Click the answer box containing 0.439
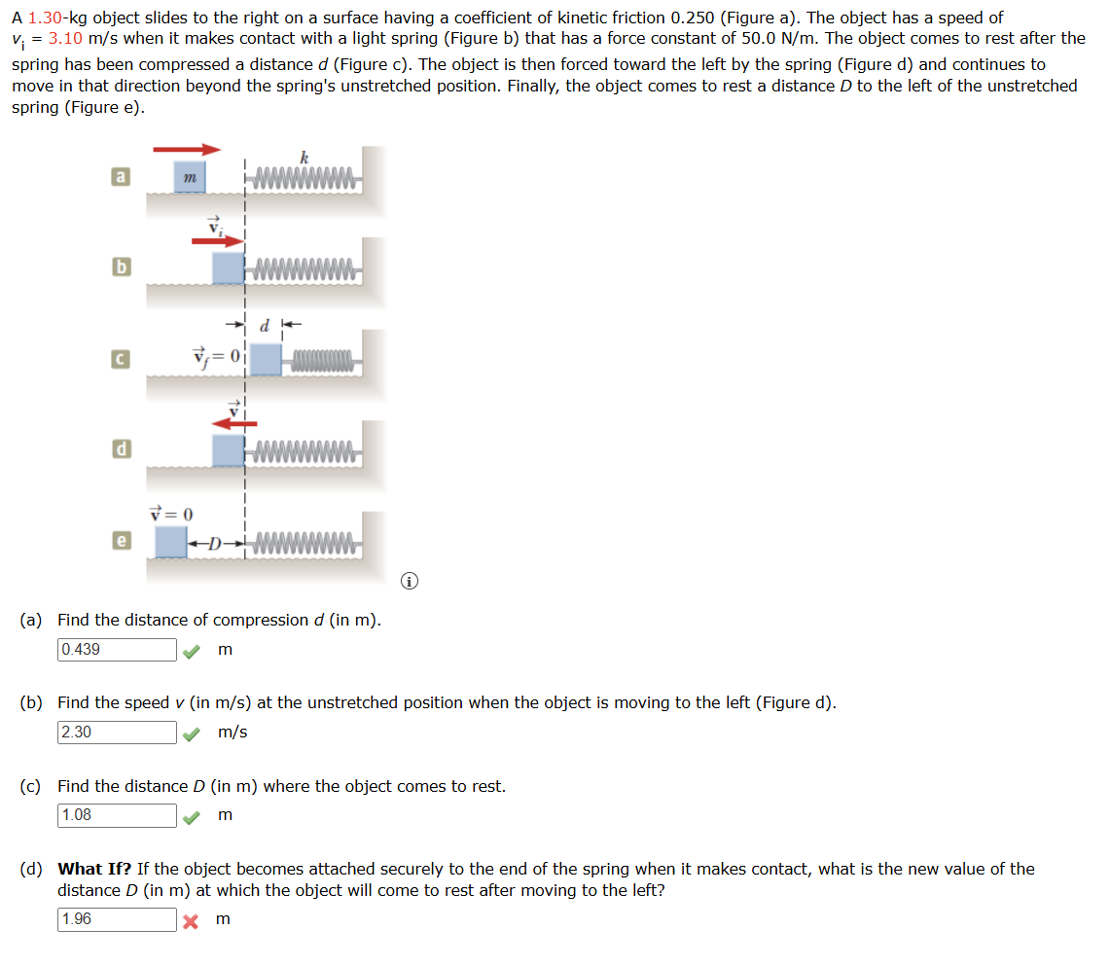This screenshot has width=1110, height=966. pos(117,650)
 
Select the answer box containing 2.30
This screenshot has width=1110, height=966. pos(117,733)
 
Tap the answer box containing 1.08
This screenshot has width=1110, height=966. pos(117,815)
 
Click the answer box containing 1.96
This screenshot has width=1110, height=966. pos(117,919)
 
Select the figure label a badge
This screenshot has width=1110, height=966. pos(120,177)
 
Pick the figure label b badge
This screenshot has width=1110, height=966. pos(120,267)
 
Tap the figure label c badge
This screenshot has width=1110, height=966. pos(120,360)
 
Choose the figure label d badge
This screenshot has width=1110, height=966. pos(120,449)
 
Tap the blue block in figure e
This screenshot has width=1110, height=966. pos(171,541)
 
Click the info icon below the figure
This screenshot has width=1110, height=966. pos(411,582)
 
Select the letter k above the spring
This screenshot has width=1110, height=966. pos(304,157)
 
